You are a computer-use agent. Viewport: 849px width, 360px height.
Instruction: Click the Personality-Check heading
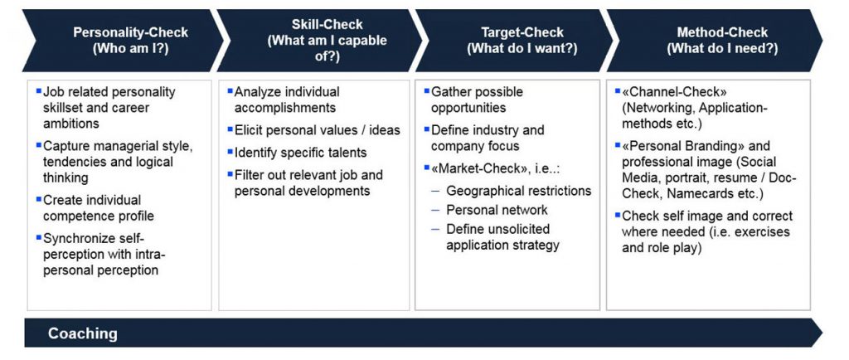131,32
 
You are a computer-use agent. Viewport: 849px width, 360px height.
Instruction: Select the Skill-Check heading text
327,25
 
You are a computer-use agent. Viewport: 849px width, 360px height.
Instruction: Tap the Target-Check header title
522,32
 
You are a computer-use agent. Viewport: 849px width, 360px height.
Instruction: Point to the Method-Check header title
722,32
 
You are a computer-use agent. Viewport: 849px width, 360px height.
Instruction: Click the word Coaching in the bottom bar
82,333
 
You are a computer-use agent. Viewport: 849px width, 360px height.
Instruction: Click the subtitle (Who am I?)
131,49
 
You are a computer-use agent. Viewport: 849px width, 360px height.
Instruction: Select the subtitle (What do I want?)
522,49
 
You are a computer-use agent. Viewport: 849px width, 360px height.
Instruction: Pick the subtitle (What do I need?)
722,49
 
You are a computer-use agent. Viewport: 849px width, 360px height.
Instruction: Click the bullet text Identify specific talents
300,153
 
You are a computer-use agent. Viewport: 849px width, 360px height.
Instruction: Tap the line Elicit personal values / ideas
318,130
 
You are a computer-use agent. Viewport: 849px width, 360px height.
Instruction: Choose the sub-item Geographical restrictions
519,191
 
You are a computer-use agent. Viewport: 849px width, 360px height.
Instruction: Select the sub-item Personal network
497,210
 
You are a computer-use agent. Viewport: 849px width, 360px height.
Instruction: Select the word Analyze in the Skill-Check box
257,92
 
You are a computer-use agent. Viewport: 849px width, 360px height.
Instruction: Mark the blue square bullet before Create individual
38,199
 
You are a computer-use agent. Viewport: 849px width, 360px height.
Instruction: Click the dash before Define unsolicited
435,229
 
